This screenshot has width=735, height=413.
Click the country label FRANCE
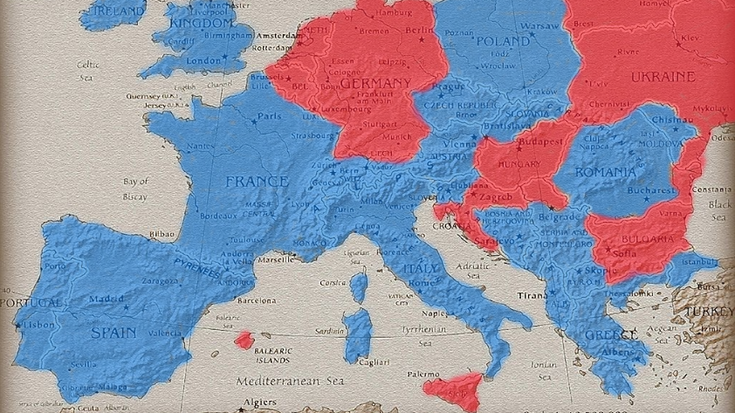tap(257, 182)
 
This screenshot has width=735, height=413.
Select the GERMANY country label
tap(374, 83)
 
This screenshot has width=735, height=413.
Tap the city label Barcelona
tap(256, 299)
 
